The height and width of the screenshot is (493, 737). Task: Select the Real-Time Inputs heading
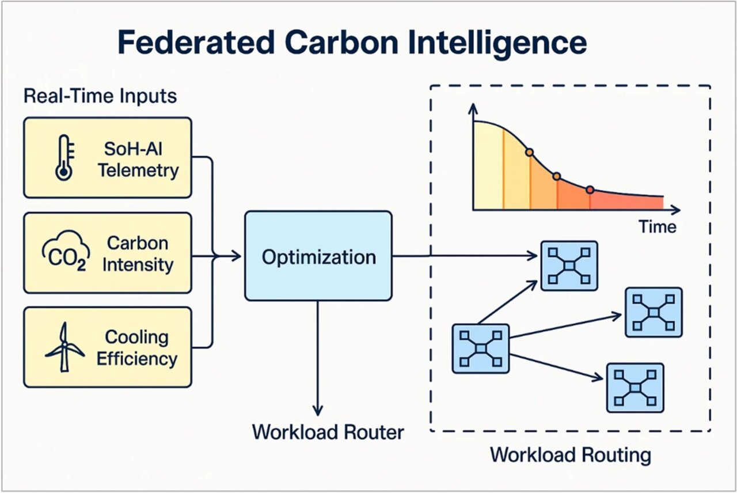(x=100, y=96)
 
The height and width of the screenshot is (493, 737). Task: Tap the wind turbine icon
(x=64, y=347)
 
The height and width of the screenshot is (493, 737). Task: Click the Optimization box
(x=318, y=256)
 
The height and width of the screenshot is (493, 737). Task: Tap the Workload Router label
(x=328, y=431)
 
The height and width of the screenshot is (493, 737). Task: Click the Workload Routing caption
(x=570, y=454)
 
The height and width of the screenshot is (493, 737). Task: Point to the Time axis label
(x=658, y=226)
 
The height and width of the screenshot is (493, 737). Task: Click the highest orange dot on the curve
(x=529, y=153)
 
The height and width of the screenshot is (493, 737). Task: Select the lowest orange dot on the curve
(x=590, y=189)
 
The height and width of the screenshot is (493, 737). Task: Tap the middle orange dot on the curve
(x=557, y=176)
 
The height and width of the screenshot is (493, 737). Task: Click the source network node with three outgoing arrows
(x=481, y=348)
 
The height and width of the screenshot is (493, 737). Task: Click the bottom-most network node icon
(x=635, y=387)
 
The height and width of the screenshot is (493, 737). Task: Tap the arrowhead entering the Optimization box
(x=237, y=256)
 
